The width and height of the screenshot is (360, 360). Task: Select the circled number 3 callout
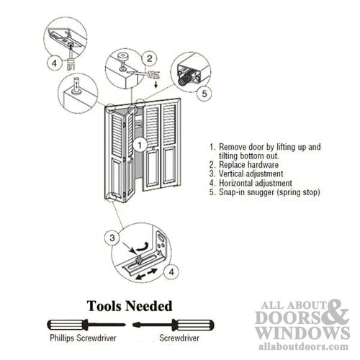(x=112, y=237)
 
